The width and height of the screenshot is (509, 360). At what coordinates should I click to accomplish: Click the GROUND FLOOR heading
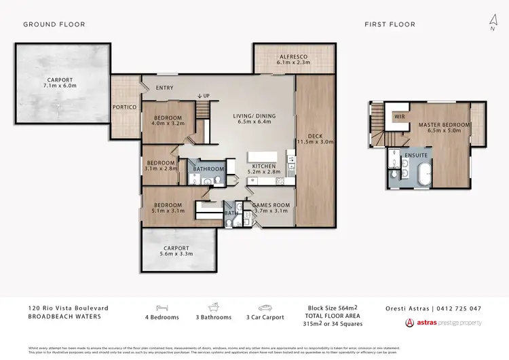coord(54,24)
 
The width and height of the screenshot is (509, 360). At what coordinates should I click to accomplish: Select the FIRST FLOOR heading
coord(390,24)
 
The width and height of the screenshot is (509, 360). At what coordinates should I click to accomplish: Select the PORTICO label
coord(125,107)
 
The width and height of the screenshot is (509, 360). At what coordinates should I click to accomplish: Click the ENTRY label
coord(164,88)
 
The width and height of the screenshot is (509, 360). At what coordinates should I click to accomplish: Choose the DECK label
coord(315,134)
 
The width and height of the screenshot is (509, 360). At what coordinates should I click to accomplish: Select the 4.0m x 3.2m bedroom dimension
coord(168,124)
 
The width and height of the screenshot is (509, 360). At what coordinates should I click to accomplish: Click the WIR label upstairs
coord(399,116)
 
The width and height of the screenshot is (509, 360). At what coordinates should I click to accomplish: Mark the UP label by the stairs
coord(204,97)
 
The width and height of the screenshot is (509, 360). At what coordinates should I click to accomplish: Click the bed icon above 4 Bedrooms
coord(162,307)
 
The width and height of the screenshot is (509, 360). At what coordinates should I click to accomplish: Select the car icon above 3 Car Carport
coord(264,307)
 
